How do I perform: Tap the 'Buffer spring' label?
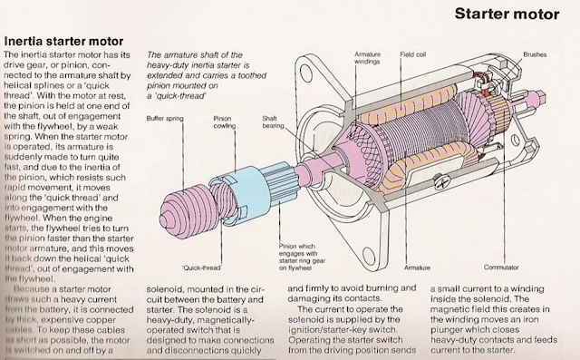pos(166,118)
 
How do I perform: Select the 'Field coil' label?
pos(414,54)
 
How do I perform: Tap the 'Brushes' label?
pos(535,54)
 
